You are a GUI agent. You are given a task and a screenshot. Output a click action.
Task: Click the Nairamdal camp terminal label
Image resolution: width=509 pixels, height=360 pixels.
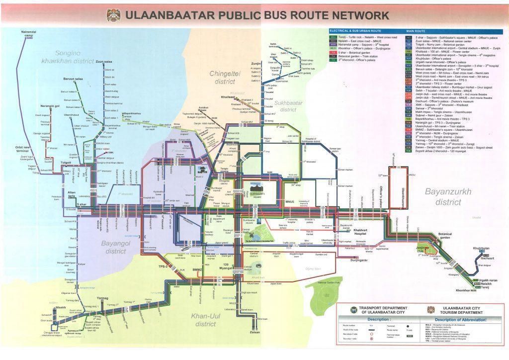tap(28, 33)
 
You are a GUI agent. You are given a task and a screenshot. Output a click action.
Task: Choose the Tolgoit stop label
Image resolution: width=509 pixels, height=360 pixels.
tap(66, 162)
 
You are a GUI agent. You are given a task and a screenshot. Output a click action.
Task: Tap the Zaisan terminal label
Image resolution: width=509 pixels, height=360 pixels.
tap(254, 332)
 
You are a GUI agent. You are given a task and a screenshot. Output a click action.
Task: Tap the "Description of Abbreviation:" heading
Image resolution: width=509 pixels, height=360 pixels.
tap(459, 319)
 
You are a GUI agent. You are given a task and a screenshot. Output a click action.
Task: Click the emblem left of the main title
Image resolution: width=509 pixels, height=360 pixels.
tap(113, 15)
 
